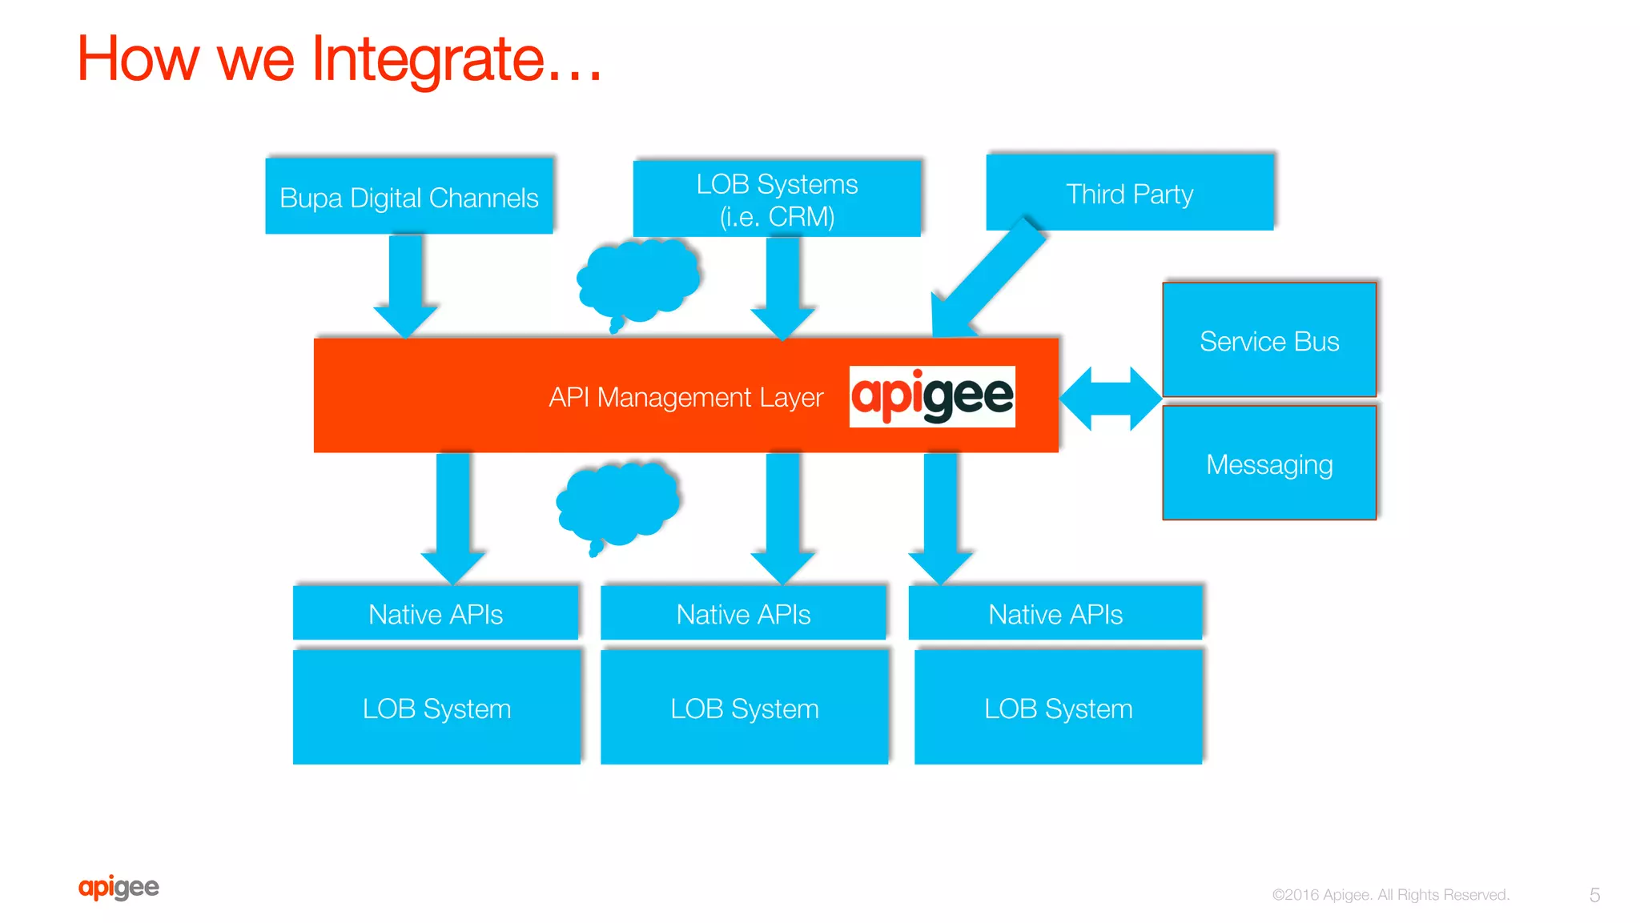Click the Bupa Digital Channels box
click(x=408, y=197)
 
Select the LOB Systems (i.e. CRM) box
click(x=776, y=199)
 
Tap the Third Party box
click(x=1129, y=193)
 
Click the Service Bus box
click(x=1268, y=340)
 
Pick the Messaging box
click(x=1268, y=464)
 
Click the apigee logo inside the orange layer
click(x=931, y=396)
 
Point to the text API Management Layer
click(x=685, y=397)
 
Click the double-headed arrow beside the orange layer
click(x=1110, y=398)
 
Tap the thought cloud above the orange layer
click(x=639, y=281)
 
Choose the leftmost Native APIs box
click(x=435, y=614)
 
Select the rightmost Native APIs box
click(x=1055, y=614)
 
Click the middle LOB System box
click(x=744, y=708)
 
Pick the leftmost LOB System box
click(x=436, y=708)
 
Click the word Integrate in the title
click(x=429, y=59)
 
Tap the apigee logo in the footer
click(x=119, y=887)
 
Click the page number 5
click(x=1594, y=895)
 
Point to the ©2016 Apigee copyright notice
click(x=1390, y=895)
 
